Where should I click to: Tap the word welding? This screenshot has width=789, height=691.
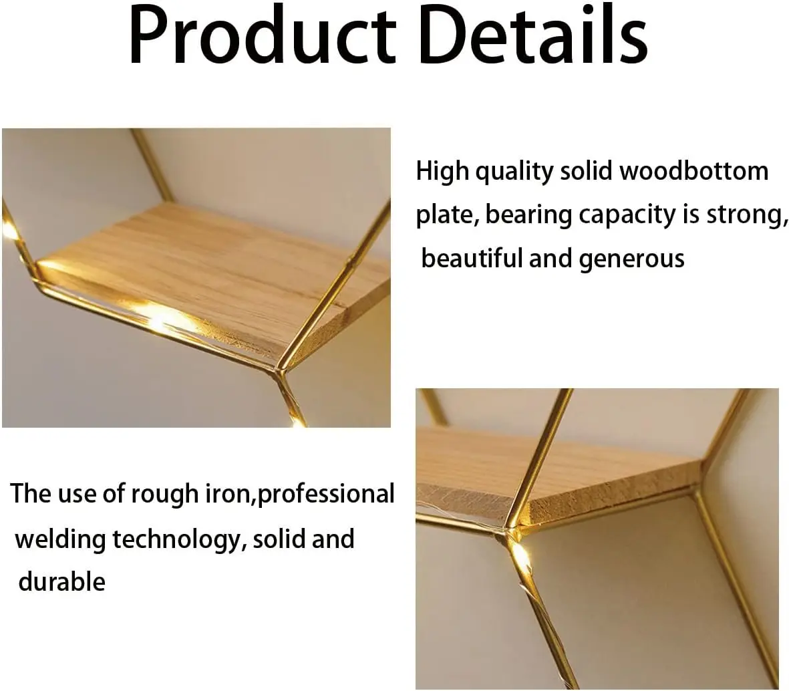pyautogui.click(x=60, y=539)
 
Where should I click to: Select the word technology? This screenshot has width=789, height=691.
pyautogui.click(x=175, y=539)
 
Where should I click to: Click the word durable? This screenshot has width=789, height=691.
pyautogui.click(x=61, y=581)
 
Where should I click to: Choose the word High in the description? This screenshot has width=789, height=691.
pyautogui.click(x=443, y=172)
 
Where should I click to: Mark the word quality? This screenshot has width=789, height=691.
pyautogui.click(x=514, y=172)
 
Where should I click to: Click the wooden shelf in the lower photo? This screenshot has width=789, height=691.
pyautogui.click(x=568, y=474)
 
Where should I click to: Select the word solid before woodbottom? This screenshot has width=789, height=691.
pyautogui.click(x=586, y=171)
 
